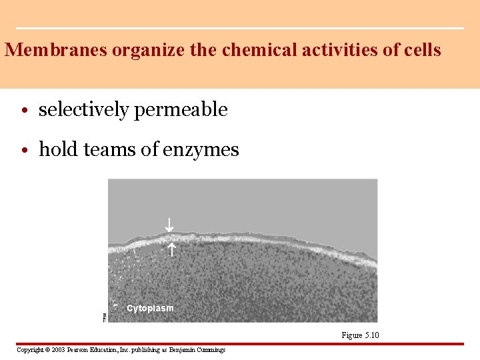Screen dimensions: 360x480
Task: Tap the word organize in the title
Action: click(x=133, y=51)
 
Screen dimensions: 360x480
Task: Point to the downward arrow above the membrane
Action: click(x=169, y=225)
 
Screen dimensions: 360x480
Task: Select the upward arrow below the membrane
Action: click(x=170, y=251)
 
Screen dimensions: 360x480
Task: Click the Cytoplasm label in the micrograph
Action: click(x=150, y=308)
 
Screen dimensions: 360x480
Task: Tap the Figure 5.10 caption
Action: click(x=360, y=335)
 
